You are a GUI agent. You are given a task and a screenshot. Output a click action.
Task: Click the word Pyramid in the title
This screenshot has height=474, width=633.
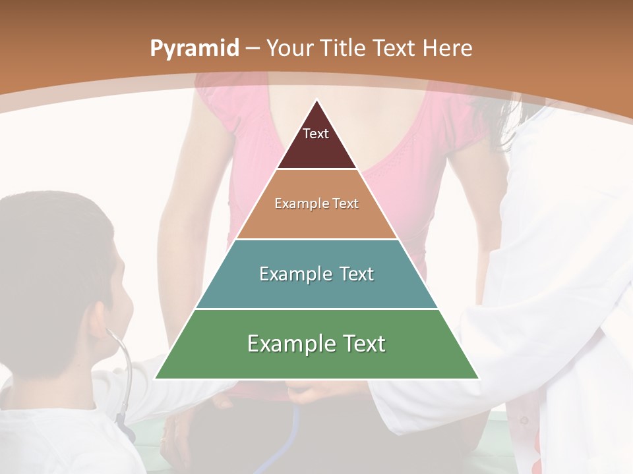coord(194,49)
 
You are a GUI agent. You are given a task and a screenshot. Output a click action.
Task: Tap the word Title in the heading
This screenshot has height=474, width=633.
coord(342,48)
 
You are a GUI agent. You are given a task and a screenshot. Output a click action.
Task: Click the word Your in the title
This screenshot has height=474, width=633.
coord(288,48)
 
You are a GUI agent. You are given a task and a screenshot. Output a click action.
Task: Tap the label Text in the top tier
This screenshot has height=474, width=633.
coord(316,134)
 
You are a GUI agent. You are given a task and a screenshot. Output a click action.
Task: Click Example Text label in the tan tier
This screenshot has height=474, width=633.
coord(316,203)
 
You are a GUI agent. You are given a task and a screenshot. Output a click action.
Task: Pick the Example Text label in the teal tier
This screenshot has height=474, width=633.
coord(316,274)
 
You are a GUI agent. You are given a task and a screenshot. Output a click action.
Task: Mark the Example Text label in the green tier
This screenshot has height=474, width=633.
coord(316,344)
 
